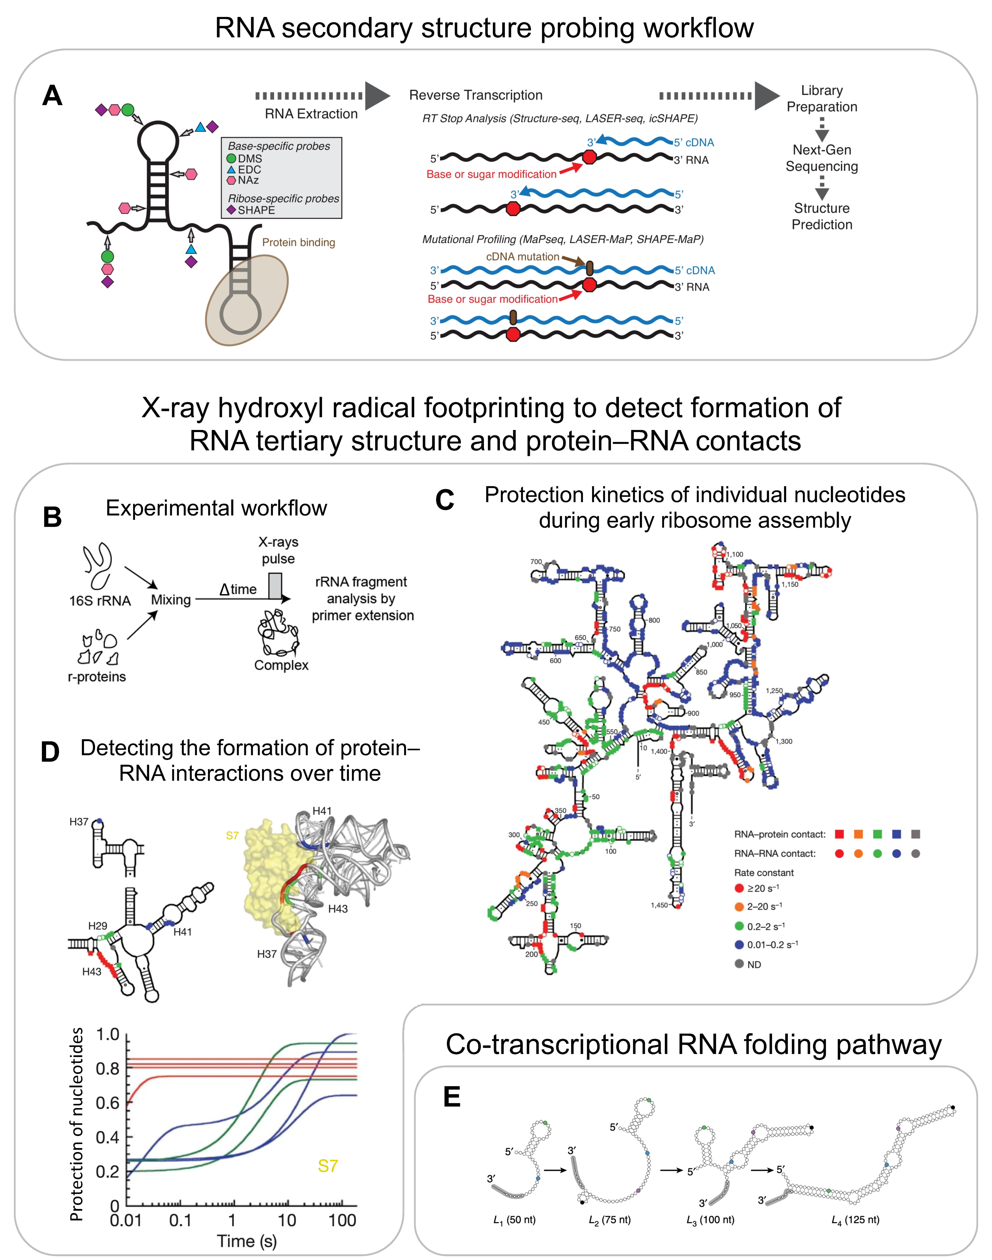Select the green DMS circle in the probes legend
tap(231, 158)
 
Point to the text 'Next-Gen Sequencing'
tap(821, 158)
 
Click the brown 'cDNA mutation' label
tap(522, 257)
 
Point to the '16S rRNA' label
tap(100, 600)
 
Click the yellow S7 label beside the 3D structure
tap(232, 835)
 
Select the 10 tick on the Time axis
tap(287, 1220)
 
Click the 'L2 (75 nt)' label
tap(609, 1220)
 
